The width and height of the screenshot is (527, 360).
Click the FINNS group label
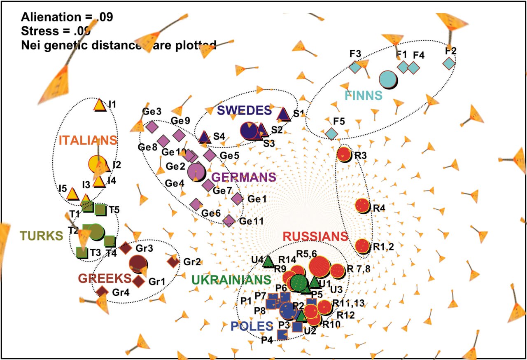coord(364,96)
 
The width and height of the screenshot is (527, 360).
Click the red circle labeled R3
coord(344,154)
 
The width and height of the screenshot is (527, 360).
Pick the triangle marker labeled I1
coord(99,105)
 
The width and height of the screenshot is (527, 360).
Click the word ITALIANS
coord(88,140)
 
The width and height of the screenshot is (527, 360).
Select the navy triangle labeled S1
coord(283,114)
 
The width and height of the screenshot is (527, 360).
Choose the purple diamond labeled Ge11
coord(229,221)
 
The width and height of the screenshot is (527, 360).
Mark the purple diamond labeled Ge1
coord(237,199)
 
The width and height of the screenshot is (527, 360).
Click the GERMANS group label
coord(243,177)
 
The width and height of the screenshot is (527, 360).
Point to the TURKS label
coord(41,236)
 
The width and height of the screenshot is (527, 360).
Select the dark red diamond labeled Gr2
coord(173,261)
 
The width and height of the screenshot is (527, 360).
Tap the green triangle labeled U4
coord(268,261)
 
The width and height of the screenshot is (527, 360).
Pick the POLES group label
coord(252,326)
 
